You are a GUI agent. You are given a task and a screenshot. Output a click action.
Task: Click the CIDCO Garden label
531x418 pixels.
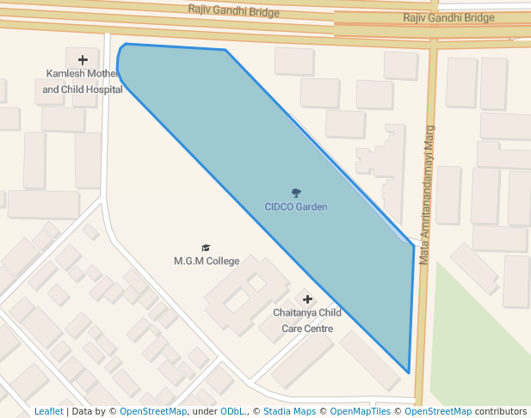coord(296,207)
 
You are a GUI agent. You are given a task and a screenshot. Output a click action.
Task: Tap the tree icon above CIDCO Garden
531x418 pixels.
coord(296,194)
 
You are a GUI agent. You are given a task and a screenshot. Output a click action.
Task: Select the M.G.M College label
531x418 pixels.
coord(207,261)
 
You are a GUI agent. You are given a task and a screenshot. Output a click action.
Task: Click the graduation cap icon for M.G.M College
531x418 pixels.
coord(206,248)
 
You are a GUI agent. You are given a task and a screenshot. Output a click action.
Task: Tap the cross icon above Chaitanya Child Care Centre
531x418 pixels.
coord(307,298)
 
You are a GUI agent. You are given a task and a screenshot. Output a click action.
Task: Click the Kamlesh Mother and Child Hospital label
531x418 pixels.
coord(83,82)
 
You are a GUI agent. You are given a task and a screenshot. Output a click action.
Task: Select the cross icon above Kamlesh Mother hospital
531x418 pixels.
coord(83,60)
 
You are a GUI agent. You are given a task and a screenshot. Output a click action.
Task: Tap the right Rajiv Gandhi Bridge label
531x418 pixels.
coord(448,17)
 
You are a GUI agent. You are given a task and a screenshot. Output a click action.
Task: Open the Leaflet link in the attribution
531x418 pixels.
coord(49,412)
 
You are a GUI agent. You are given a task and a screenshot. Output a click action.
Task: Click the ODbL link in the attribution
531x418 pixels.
coord(232,412)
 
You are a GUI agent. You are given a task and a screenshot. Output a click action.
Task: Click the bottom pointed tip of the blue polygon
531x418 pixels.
coord(408,372)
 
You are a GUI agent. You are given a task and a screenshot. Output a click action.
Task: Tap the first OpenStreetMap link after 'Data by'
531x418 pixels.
coord(153,412)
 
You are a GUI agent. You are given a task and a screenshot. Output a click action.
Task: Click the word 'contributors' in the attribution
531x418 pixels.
coord(501,412)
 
